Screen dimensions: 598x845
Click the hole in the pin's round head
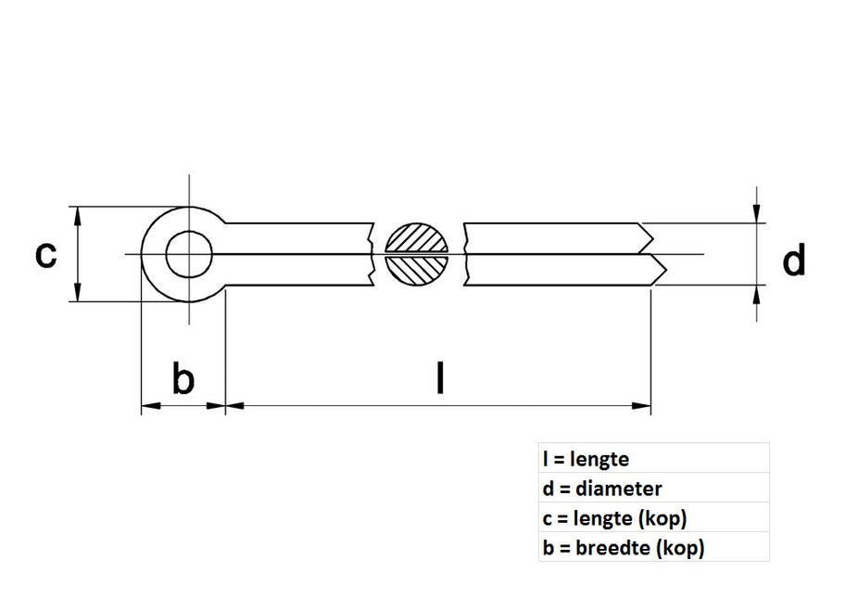190,254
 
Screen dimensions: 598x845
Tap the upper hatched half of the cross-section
416,239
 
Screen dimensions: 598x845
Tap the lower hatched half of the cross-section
416,270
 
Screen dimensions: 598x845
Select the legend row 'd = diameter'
602,488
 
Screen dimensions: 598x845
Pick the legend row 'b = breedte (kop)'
624,547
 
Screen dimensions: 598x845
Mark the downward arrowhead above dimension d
758,214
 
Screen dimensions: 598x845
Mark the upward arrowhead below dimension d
758,294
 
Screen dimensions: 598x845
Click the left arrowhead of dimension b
148,405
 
